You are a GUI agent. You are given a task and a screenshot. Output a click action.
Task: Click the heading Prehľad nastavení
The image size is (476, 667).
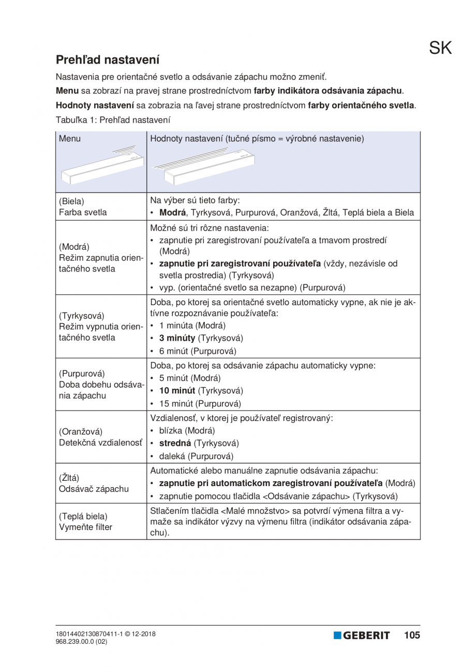[x=108, y=59]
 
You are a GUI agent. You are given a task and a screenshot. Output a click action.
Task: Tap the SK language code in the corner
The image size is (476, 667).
[x=440, y=48]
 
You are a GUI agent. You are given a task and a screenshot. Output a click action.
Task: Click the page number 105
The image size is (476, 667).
[x=412, y=635]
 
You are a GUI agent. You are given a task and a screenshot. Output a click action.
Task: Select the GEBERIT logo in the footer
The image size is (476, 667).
[x=362, y=635]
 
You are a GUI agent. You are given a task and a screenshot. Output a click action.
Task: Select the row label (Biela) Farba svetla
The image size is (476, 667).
[x=81, y=206]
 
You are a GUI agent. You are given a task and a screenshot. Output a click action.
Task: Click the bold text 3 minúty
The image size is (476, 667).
[x=177, y=338]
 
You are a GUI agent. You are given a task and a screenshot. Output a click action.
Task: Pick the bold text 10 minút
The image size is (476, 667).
[x=177, y=390]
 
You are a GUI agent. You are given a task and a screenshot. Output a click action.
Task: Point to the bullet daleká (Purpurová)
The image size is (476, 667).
[x=196, y=456]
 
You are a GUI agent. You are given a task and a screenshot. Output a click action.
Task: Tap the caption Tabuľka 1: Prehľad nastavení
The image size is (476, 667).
[x=113, y=119]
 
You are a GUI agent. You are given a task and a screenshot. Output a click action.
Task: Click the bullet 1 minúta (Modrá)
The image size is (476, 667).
[x=192, y=325]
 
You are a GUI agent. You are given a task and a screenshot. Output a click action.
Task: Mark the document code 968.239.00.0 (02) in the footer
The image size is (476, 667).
[x=81, y=641]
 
